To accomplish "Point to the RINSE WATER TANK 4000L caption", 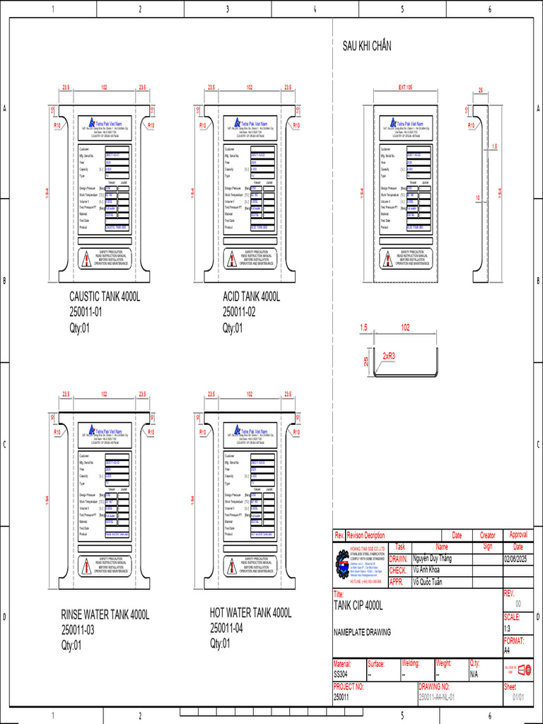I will (105, 615).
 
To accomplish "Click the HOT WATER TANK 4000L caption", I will (250, 612).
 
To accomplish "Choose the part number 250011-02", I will (239, 312).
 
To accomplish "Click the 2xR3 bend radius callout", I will (390, 356).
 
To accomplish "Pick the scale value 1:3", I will (508, 628).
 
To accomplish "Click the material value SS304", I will (341, 675).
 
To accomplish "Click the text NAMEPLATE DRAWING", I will (361, 632).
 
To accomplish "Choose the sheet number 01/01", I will (518, 697).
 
